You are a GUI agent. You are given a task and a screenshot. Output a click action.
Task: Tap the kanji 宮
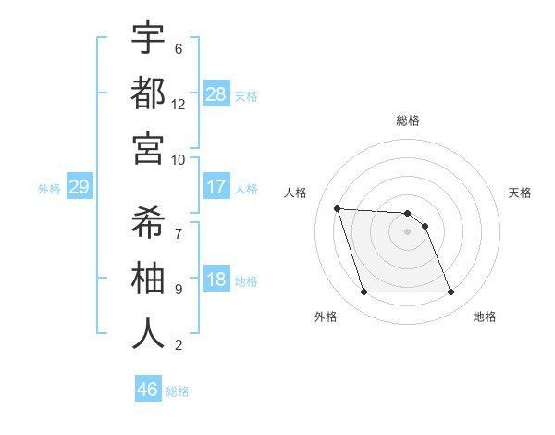[148, 147]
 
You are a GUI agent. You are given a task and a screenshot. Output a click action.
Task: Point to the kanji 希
[148, 221]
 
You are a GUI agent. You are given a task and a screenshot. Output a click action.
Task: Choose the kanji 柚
[148, 277]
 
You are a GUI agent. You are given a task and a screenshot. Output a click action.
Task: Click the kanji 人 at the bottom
[148, 332]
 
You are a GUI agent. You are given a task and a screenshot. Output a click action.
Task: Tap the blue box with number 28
[216, 94]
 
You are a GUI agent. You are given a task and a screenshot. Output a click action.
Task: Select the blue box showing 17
[216, 187]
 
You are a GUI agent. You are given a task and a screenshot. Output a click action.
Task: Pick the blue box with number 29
[79, 188]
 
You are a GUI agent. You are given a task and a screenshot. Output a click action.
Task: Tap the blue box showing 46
[148, 390]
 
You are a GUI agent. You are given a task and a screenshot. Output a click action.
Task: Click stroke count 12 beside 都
[179, 104]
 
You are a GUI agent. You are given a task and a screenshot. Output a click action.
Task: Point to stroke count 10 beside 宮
[179, 159]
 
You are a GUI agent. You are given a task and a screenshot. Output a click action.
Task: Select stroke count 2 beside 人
[179, 346]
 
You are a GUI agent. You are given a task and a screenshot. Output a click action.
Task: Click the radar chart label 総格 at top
[408, 120]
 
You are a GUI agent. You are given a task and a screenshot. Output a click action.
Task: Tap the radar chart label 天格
[521, 193]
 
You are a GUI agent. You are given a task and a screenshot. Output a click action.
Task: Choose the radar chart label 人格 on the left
[296, 193]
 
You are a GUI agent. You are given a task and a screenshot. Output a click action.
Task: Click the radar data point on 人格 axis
[338, 208]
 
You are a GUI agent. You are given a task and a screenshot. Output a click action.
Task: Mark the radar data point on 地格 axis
[450, 292]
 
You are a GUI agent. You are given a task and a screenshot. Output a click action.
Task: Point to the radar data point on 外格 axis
[364, 292]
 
